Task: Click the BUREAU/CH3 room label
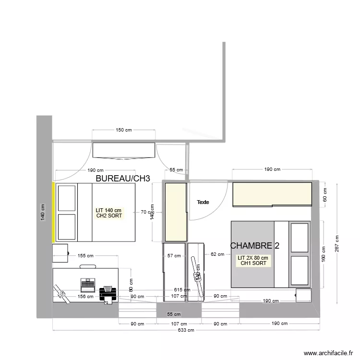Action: pyautogui.click(x=123, y=179)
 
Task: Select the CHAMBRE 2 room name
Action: pyautogui.click(x=254, y=245)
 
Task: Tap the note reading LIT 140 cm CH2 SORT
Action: pyautogui.click(x=109, y=213)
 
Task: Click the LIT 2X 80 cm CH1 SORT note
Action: pyautogui.click(x=252, y=261)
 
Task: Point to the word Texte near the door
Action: pyautogui.click(x=203, y=202)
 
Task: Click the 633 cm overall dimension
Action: pyautogui.click(x=186, y=330)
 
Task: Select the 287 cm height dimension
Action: pyautogui.click(x=337, y=244)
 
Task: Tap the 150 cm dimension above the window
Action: pyautogui.click(x=123, y=130)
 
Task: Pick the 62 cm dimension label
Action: pyautogui.click(x=217, y=255)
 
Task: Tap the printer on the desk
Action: pyautogui.click(x=108, y=292)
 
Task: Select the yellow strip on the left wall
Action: pyautogui.click(x=53, y=213)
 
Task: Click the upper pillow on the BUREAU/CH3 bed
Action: pyautogui.click(x=67, y=197)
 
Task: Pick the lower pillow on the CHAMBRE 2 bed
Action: pyautogui.click(x=300, y=270)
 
